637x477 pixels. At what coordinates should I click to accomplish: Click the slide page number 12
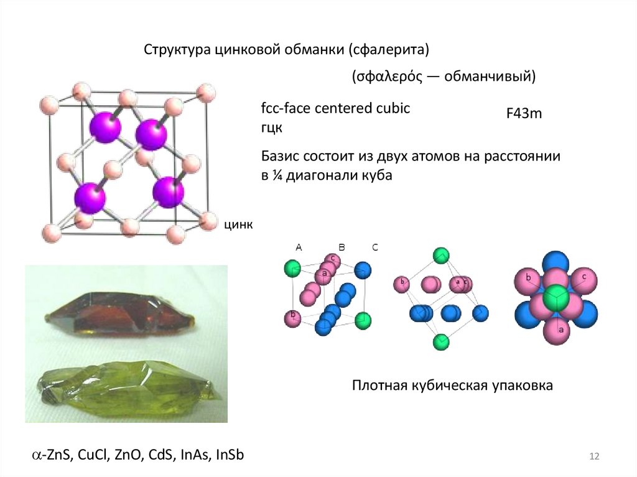(593, 458)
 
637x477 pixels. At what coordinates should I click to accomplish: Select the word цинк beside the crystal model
(238, 225)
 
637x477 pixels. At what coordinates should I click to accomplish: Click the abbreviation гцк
(272, 128)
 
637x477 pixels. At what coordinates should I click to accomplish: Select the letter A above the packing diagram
(299, 247)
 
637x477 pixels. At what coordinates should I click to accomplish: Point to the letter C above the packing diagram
(375, 247)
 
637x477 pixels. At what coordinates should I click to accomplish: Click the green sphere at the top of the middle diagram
(441, 255)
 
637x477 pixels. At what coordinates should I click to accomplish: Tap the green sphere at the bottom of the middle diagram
(441, 341)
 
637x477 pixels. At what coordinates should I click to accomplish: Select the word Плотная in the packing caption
(378, 386)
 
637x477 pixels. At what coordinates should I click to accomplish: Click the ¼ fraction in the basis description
(274, 175)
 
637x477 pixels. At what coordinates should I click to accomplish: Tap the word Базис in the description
(279, 157)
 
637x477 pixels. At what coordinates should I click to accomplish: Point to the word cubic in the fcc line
(393, 108)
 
